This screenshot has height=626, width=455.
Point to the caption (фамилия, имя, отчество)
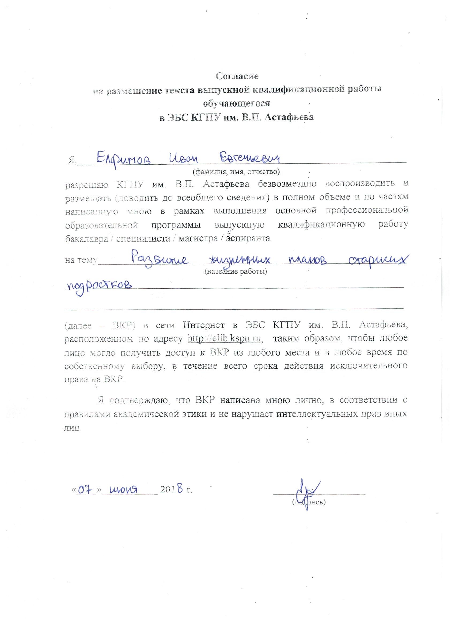point(236,172)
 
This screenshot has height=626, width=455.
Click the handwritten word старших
point(378,260)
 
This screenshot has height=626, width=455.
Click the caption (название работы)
point(236,271)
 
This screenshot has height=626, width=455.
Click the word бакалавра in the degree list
point(86,239)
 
